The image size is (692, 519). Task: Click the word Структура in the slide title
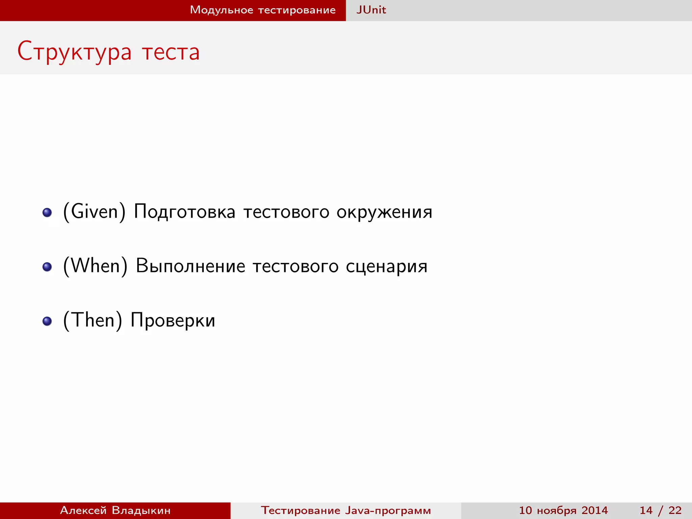[x=74, y=52]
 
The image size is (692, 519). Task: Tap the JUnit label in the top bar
[x=371, y=10]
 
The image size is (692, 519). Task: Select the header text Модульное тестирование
[x=263, y=10]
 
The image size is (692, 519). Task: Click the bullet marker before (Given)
[x=47, y=213]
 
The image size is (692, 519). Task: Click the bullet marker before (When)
[x=47, y=267]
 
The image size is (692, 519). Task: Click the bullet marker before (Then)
[x=47, y=321]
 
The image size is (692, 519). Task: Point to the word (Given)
[x=94, y=212]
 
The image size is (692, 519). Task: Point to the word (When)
[x=95, y=266]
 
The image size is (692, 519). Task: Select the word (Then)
[x=93, y=320]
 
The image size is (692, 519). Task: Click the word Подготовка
[x=184, y=212]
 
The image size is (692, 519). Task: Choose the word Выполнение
[x=190, y=266]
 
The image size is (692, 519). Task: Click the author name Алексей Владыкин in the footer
[x=115, y=510]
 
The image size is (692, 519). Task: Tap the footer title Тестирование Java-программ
[x=346, y=510]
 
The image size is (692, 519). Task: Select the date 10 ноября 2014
[x=563, y=510]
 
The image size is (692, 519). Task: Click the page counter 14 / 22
[x=660, y=510]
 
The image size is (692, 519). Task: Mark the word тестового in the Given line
[x=286, y=212]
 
